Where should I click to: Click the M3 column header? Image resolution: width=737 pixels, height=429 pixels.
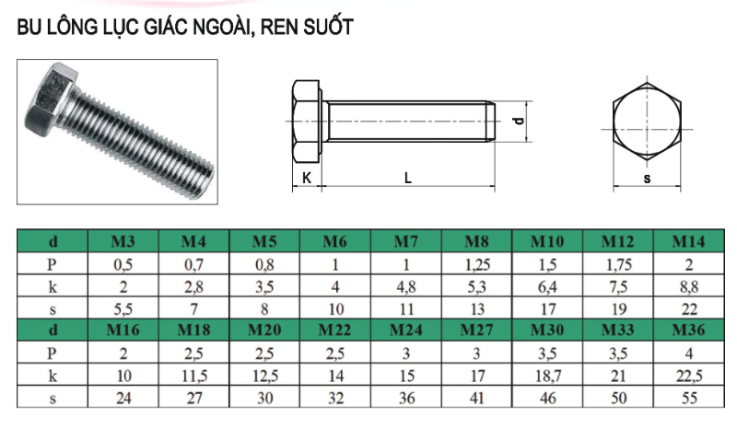click(123, 242)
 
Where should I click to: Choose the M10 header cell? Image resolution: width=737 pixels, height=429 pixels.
click(547, 242)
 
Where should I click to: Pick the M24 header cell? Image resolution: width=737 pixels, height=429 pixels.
click(405, 329)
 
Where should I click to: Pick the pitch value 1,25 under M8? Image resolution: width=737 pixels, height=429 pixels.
click(476, 264)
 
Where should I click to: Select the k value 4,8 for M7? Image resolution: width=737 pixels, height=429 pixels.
click(405, 286)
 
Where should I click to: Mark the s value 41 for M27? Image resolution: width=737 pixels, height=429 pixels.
click(476, 398)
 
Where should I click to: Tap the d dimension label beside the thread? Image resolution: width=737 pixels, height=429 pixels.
click(519, 121)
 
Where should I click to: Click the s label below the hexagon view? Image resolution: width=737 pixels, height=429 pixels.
click(647, 179)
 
